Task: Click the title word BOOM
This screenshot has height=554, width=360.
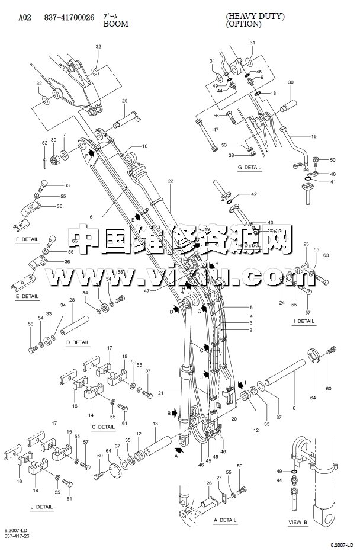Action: (115, 24)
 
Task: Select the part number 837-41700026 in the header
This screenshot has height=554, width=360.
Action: (78, 17)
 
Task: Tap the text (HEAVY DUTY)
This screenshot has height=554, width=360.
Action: (255, 17)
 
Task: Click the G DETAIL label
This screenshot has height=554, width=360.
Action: (249, 168)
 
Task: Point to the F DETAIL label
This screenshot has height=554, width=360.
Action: (27, 239)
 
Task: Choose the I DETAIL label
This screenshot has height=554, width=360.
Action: (304, 321)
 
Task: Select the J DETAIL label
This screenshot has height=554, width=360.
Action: (41, 507)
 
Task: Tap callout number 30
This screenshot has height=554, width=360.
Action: (290, 82)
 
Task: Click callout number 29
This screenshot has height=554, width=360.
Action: (125, 101)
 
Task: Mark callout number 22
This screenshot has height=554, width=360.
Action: (170, 181)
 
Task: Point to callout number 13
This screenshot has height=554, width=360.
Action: (155, 424)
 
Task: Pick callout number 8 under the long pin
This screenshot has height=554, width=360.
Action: (294, 409)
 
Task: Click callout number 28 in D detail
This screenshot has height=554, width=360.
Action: (72, 300)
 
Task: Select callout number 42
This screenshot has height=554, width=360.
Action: (253, 194)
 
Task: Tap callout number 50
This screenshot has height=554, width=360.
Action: (332, 160)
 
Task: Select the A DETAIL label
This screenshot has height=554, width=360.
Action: (224, 520)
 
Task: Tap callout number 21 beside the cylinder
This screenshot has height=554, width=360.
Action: (161, 393)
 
